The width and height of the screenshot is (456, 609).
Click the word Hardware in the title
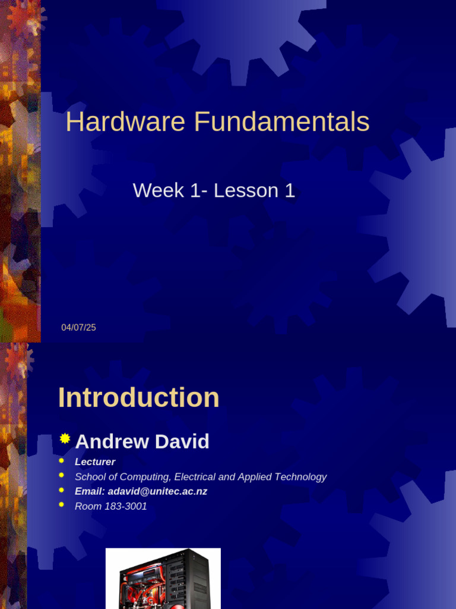point(126,121)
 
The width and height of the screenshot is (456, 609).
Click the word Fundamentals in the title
point(282,121)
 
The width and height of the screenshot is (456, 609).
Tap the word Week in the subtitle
point(158,190)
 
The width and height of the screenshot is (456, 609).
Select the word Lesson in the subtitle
point(246,190)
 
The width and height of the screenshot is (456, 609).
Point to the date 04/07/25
point(79,328)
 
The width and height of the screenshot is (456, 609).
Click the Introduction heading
point(139,397)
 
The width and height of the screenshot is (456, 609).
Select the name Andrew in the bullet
point(112,441)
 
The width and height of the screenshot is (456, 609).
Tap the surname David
point(182,441)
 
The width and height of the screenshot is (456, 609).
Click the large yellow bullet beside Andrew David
point(65,438)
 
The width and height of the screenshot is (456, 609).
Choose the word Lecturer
point(95,462)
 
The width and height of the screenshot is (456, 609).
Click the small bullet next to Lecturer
point(61,461)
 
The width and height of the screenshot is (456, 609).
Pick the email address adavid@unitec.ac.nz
point(157,491)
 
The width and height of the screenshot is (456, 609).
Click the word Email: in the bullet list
point(90,491)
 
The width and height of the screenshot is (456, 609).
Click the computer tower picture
point(163,579)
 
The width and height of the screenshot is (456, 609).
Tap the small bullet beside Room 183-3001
point(61,505)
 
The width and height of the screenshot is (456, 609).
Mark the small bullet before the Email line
point(61,490)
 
